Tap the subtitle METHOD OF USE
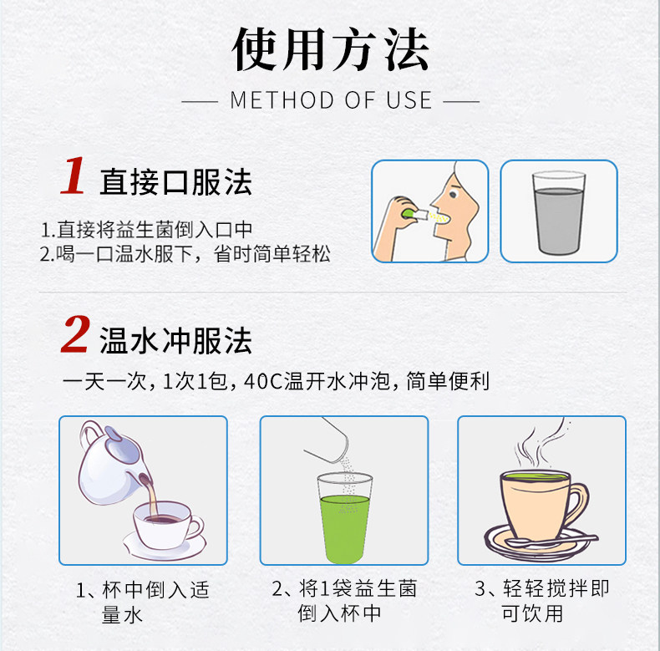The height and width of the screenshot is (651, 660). [331, 101]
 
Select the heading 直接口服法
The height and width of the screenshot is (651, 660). [175, 181]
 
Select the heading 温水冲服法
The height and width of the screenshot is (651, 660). [175, 339]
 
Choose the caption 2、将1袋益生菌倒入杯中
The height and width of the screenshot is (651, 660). [343, 601]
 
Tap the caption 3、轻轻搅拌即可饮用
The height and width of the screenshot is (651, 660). [542, 601]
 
